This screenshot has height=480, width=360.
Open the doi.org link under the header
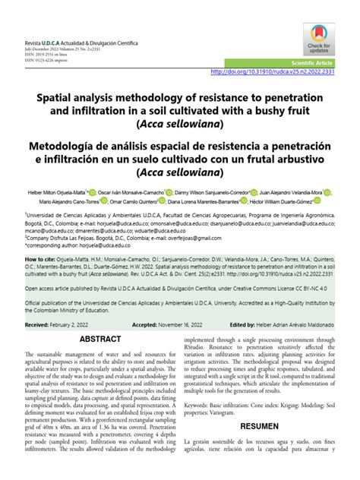(x=271, y=72)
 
